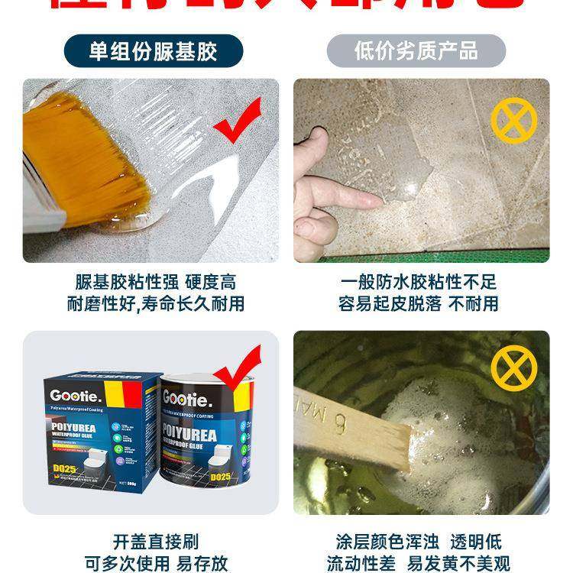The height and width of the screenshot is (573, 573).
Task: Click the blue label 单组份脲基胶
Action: coord(153,51)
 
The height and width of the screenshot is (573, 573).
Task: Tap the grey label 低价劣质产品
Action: coord(416,51)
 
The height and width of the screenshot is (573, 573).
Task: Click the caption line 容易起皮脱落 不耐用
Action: coord(418,303)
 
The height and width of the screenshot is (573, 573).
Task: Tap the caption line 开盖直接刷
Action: coord(155,542)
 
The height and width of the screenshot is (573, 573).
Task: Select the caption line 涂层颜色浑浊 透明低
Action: coord(418,542)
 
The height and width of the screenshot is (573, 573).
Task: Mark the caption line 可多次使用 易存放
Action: coord(155,564)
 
